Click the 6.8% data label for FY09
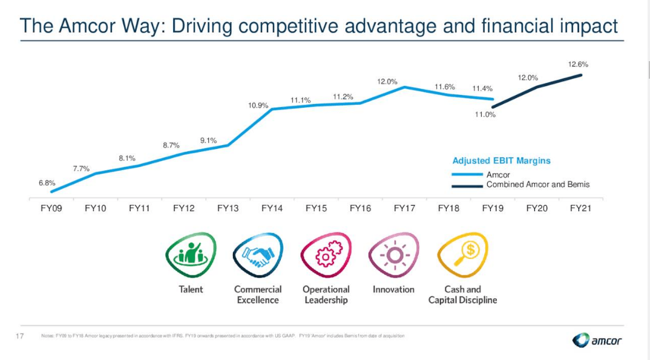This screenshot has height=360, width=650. (48, 183)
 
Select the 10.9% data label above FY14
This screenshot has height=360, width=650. (258, 105)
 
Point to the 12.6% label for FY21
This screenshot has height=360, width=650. (578, 64)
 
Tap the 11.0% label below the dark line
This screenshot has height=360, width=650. (485, 114)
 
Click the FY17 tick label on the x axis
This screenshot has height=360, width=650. (404, 208)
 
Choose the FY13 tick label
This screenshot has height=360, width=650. (228, 208)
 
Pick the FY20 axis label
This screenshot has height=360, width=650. (537, 208)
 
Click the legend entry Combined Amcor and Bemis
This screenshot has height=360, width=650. (537, 185)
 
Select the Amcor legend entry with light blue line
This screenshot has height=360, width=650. (498, 175)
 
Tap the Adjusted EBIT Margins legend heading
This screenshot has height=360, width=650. (501, 161)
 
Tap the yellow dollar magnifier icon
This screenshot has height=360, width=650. (462, 255)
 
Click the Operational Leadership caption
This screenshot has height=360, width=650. (326, 295)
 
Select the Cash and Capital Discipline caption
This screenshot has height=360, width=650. (462, 295)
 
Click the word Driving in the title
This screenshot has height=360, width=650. (202, 26)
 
